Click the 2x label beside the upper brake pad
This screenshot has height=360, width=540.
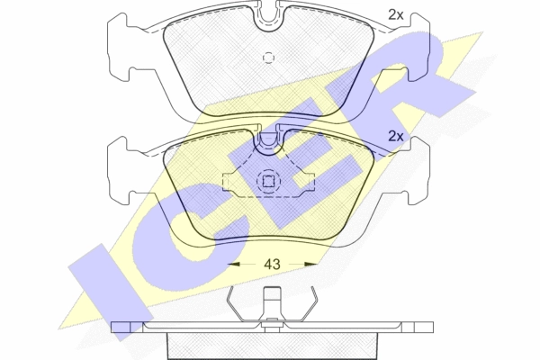point(396,14)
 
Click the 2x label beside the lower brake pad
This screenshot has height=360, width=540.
point(396,137)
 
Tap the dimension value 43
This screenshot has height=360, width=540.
point(272,265)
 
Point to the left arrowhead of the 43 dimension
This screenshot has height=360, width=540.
point(234,265)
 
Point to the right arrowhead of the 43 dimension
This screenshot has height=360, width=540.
point(311,265)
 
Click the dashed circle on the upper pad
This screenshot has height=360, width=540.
point(268,58)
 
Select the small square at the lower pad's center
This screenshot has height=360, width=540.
point(268,181)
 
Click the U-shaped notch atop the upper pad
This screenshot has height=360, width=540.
point(269,16)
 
